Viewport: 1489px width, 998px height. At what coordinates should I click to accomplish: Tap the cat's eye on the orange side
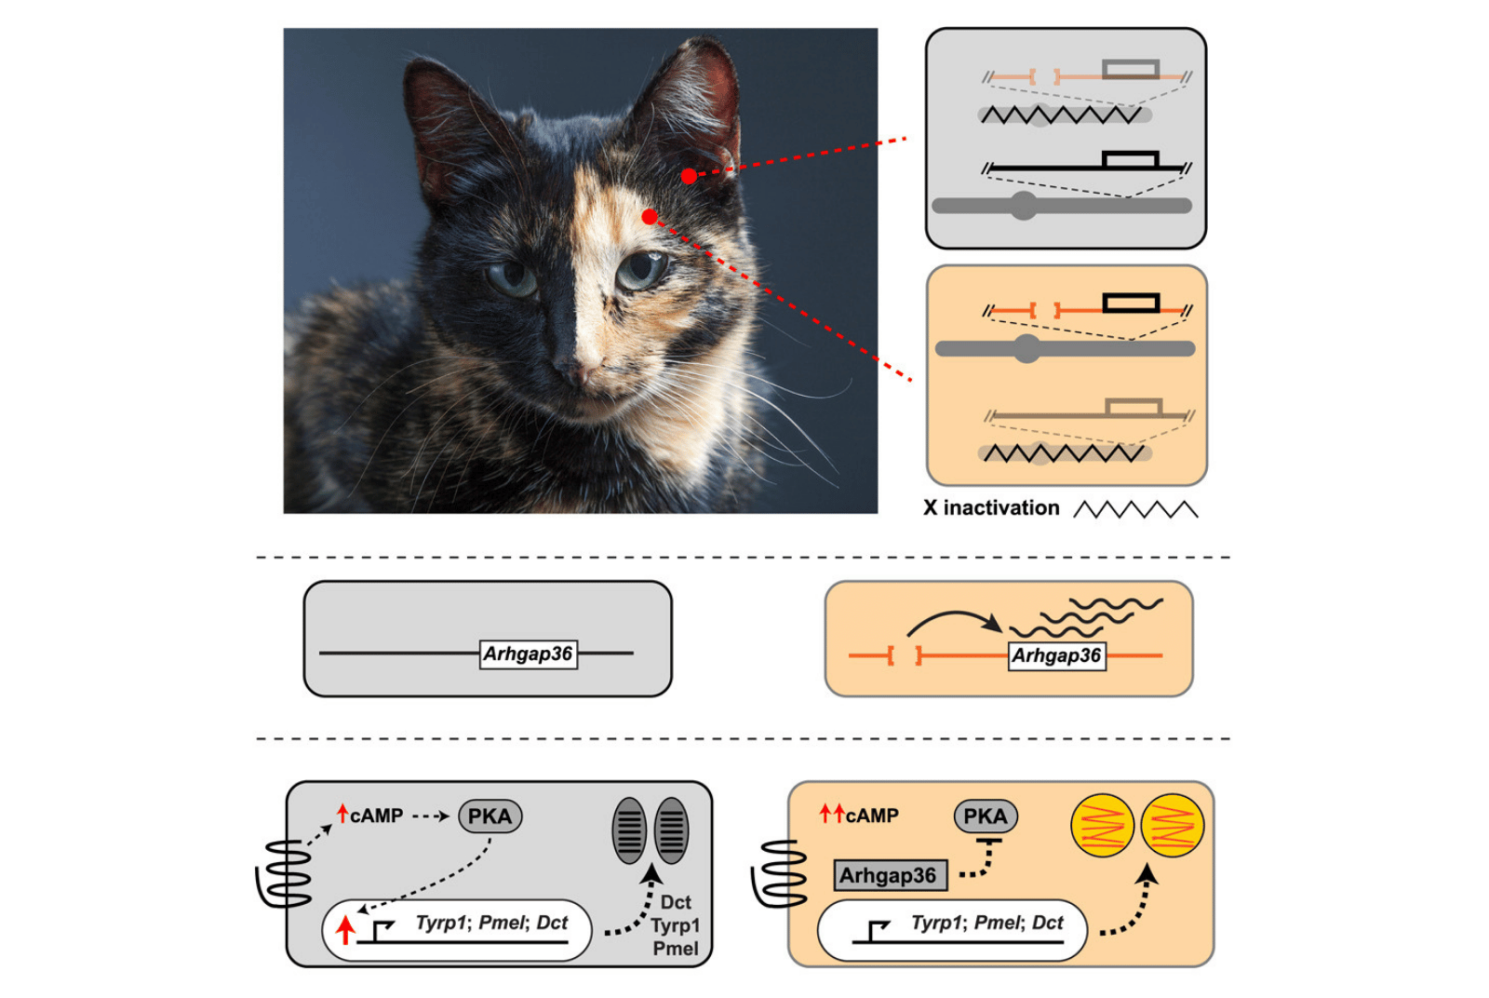640,270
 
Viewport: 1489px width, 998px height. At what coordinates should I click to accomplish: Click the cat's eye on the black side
512,279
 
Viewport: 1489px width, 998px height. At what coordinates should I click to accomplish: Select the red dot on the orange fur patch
651,217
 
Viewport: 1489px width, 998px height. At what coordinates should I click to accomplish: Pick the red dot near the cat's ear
689,176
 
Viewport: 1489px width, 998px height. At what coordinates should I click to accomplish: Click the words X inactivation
991,508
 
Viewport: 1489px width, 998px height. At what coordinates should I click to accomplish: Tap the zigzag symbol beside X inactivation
1136,509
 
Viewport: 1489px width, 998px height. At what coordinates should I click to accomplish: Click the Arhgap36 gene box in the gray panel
528,654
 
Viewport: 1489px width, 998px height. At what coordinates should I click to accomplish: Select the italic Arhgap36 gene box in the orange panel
1057,656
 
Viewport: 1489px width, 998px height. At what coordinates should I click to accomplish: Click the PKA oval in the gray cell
490,816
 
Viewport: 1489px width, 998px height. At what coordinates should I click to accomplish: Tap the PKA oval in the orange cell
986,816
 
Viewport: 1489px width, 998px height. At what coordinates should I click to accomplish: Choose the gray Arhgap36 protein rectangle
891,875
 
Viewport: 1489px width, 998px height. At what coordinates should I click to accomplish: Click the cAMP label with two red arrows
859,816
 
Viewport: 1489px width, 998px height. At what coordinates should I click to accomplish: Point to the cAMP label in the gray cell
371,816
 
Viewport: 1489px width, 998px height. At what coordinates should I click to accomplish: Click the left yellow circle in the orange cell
1102,825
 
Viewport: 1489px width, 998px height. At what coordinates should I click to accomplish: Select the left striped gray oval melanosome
629,830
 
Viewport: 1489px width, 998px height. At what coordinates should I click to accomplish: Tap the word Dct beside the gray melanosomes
676,902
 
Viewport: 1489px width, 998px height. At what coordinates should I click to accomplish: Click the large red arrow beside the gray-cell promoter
344,929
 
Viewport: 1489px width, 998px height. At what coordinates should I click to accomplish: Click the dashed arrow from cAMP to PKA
432,816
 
